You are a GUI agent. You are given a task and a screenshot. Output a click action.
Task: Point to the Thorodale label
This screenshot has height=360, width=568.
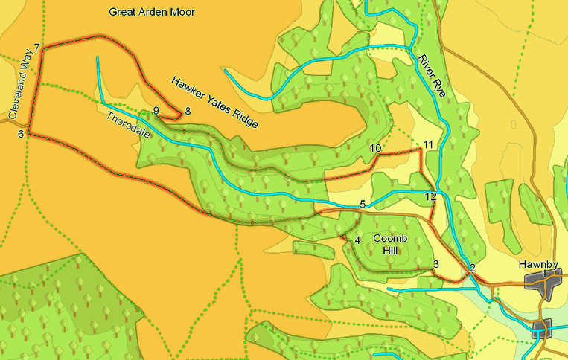(127, 127)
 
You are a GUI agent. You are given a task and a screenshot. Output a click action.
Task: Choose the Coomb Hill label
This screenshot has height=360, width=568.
(391, 244)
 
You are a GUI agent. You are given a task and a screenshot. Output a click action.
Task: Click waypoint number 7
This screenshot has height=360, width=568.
(36, 48)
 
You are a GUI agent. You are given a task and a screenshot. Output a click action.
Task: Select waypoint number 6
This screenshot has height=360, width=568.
(21, 134)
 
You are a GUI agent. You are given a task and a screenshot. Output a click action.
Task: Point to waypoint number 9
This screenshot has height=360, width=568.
(156, 111)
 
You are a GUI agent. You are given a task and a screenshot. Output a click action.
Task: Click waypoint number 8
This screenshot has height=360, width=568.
(188, 111)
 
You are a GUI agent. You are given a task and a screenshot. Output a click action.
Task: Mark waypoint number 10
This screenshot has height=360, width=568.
(375, 149)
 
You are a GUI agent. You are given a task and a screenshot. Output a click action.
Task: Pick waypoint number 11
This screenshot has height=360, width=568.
(427, 144)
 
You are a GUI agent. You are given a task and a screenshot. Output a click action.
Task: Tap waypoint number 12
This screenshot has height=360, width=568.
(431, 196)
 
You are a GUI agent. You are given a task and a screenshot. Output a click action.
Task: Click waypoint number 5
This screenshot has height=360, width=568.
(363, 204)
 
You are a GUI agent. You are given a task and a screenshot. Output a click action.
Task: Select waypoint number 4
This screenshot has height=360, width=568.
(357, 240)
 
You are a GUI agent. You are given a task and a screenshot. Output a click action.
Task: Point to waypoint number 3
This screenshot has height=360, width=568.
(436, 264)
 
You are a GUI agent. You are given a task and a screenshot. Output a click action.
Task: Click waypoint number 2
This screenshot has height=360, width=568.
(471, 268)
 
